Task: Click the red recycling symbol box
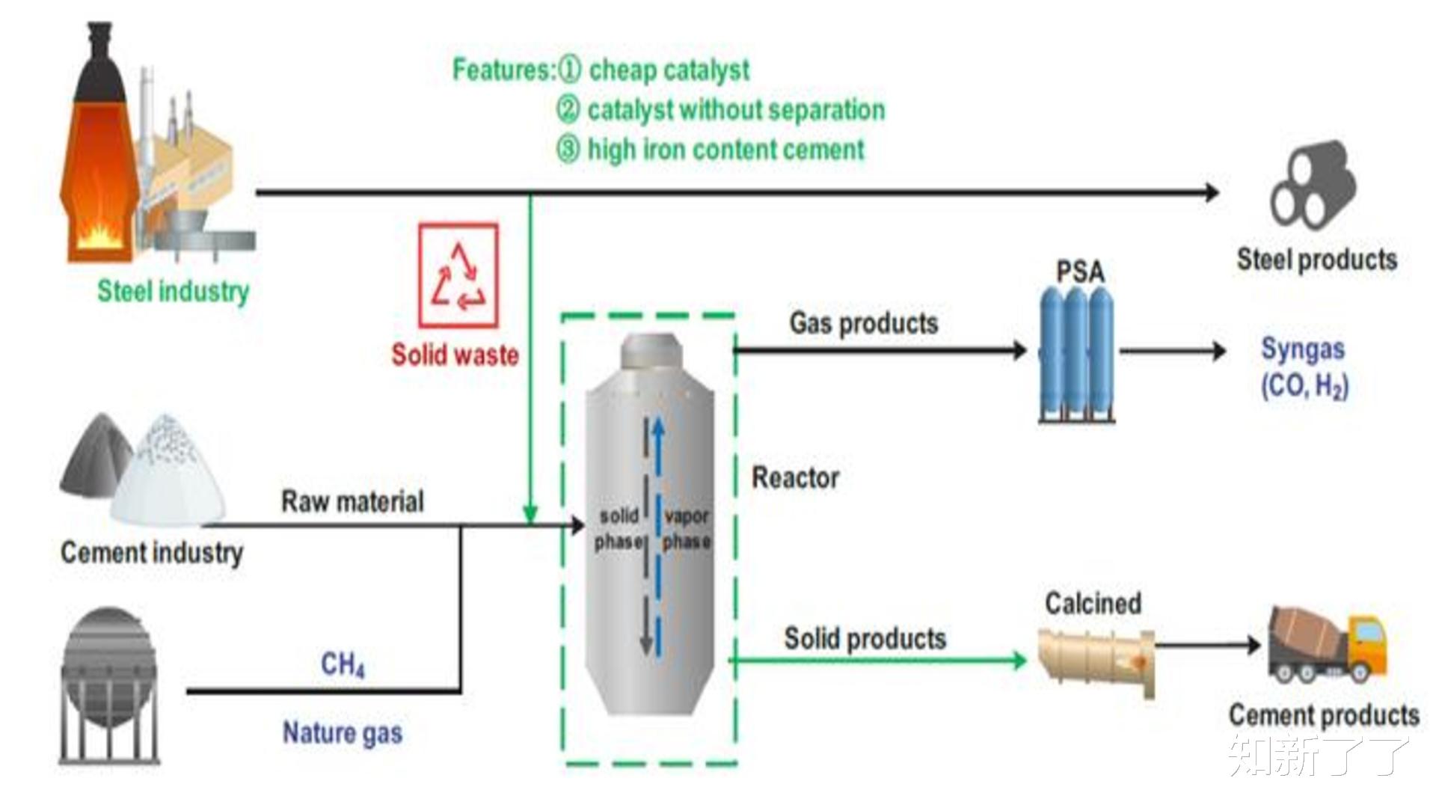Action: (x=458, y=275)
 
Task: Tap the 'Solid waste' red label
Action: (x=455, y=355)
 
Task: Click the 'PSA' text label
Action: (x=1080, y=272)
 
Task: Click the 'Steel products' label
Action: (x=1316, y=260)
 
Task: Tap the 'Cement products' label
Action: (x=1324, y=715)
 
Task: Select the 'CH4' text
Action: (x=343, y=664)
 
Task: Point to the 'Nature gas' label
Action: (x=342, y=733)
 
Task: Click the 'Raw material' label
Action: (x=352, y=501)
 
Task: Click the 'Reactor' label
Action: (x=795, y=477)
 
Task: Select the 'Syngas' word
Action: (x=1303, y=349)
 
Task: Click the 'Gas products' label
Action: (x=863, y=323)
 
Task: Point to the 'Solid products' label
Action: (x=865, y=638)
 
